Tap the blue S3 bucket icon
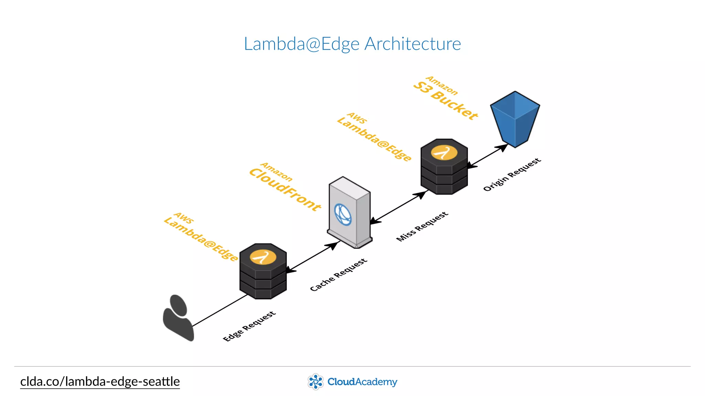click(515, 119)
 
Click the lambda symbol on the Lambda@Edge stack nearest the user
click(263, 257)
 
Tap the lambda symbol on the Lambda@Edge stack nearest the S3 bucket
click(444, 153)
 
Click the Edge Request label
click(249, 326)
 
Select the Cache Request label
click(338, 275)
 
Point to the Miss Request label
click(422, 227)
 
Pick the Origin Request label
click(512, 175)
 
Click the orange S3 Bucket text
click(446, 100)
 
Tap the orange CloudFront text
click(285, 189)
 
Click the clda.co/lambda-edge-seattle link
click(100, 382)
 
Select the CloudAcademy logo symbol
click(315, 382)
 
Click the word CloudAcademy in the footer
click(362, 382)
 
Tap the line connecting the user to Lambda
click(220, 310)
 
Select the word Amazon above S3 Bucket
click(442, 86)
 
